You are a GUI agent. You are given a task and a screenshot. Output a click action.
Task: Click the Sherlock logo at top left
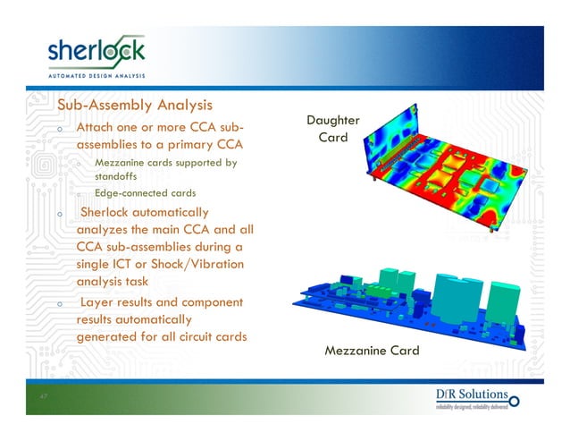coord(96,51)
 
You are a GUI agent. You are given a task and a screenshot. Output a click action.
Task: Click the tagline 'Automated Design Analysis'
coord(96,75)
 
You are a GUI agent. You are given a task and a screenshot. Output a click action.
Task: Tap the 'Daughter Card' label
coord(332,130)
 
